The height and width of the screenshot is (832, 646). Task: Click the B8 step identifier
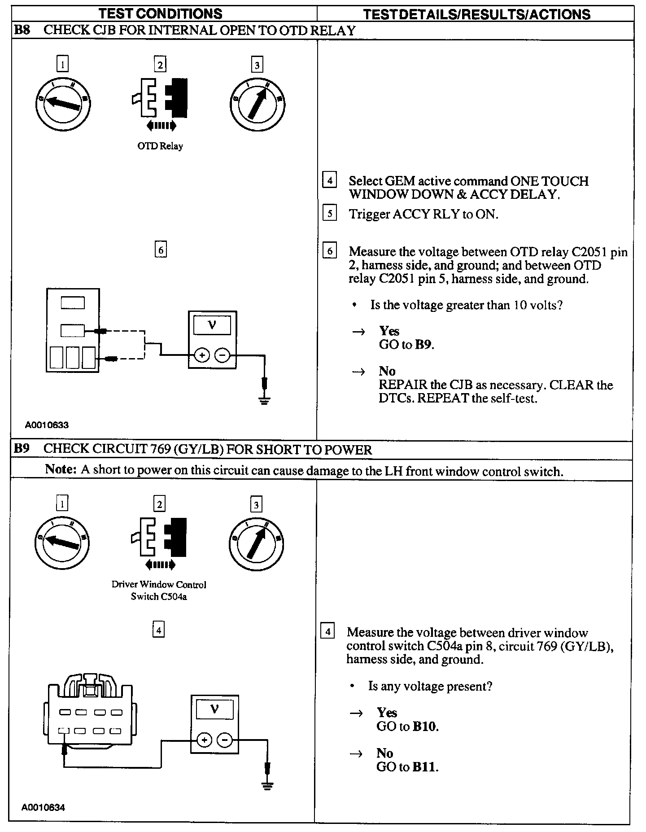pyautogui.click(x=22, y=31)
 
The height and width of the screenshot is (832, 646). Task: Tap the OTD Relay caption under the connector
pyautogui.click(x=160, y=146)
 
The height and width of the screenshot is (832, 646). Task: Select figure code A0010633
pyautogui.click(x=47, y=425)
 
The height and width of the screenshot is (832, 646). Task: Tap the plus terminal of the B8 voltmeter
pyautogui.click(x=202, y=356)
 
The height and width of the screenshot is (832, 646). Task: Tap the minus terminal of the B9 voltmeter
pyautogui.click(x=225, y=740)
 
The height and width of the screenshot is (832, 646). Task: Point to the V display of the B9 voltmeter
pyautogui.click(x=215, y=709)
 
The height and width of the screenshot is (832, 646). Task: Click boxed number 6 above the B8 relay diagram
pyautogui.click(x=160, y=250)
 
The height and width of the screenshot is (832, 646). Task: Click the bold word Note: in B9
pyautogui.click(x=61, y=469)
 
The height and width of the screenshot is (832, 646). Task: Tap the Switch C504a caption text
pyautogui.click(x=159, y=597)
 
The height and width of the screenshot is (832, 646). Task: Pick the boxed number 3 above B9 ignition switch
pyautogui.click(x=256, y=505)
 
